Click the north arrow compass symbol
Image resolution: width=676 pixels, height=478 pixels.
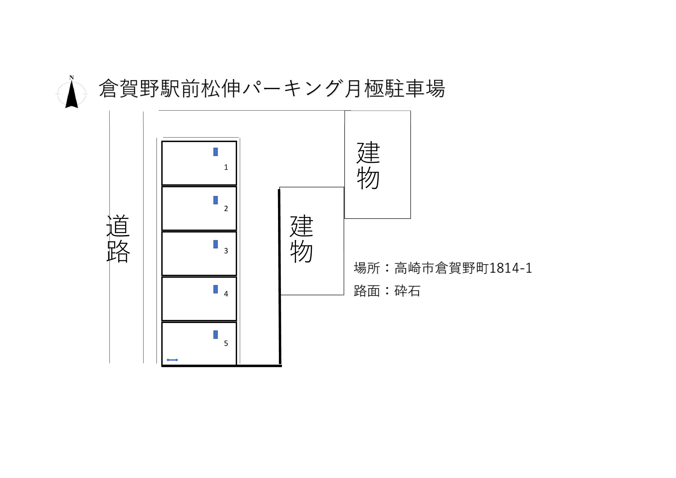(72, 93)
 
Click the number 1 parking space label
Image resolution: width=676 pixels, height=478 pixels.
(226, 167)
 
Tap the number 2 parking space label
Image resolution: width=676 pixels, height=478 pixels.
(226, 208)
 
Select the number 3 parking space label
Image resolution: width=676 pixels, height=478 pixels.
(226, 251)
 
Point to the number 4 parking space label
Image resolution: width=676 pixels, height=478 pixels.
(226, 294)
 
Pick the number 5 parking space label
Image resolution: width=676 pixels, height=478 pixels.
(226, 343)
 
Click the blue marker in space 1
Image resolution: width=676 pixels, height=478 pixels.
(216, 152)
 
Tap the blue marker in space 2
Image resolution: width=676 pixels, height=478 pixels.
(216, 200)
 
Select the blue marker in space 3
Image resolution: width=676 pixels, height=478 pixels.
(216, 244)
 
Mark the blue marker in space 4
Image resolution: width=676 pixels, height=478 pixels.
(216, 289)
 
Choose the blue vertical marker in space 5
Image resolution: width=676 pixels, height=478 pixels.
(216, 335)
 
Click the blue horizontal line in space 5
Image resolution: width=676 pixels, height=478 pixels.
(172, 360)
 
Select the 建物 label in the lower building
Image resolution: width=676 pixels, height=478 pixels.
(301, 239)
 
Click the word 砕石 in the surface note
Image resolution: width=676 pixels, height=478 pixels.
(407, 291)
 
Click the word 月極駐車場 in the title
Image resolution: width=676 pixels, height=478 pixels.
(395, 89)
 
